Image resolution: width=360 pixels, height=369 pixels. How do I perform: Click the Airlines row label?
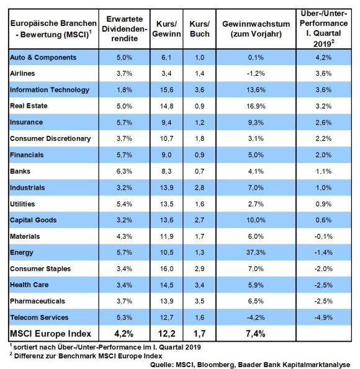[x=22, y=73]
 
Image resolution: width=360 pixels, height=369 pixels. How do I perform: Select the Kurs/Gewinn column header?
[x=166, y=29]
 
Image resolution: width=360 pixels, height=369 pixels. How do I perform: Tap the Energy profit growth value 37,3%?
[x=256, y=252]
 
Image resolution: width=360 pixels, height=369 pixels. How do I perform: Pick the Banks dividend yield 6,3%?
[x=124, y=171]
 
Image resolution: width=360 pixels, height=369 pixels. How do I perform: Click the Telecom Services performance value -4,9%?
[x=323, y=318]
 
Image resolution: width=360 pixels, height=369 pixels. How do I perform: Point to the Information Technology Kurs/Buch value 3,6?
[x=199, y=90]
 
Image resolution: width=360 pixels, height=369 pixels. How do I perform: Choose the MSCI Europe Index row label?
[x=50, y=334]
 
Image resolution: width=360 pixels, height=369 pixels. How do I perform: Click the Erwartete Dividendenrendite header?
[x=124, y=29]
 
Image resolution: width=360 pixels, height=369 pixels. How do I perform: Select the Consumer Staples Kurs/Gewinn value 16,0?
[x=166, y=269]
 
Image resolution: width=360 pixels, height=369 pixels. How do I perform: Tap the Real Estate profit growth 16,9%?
[x=256, y=106]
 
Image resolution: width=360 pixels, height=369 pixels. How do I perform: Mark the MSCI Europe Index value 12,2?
[x=166, y=334]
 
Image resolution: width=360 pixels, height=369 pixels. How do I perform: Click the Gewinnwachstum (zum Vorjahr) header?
[x=256, y=29]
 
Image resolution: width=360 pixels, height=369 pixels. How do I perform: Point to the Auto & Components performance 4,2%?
[x=323, y=57]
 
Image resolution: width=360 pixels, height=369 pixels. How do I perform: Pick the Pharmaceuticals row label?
[x=37, y=301]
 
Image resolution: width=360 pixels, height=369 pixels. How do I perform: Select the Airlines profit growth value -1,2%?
[x=256, y=73]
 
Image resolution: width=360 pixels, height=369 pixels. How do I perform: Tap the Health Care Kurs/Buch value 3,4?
[x=199, y=285]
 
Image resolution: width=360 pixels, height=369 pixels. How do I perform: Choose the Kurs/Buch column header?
[x=200, y=29]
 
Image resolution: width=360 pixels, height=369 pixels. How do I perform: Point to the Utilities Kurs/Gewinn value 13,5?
[x=166, y=204]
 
